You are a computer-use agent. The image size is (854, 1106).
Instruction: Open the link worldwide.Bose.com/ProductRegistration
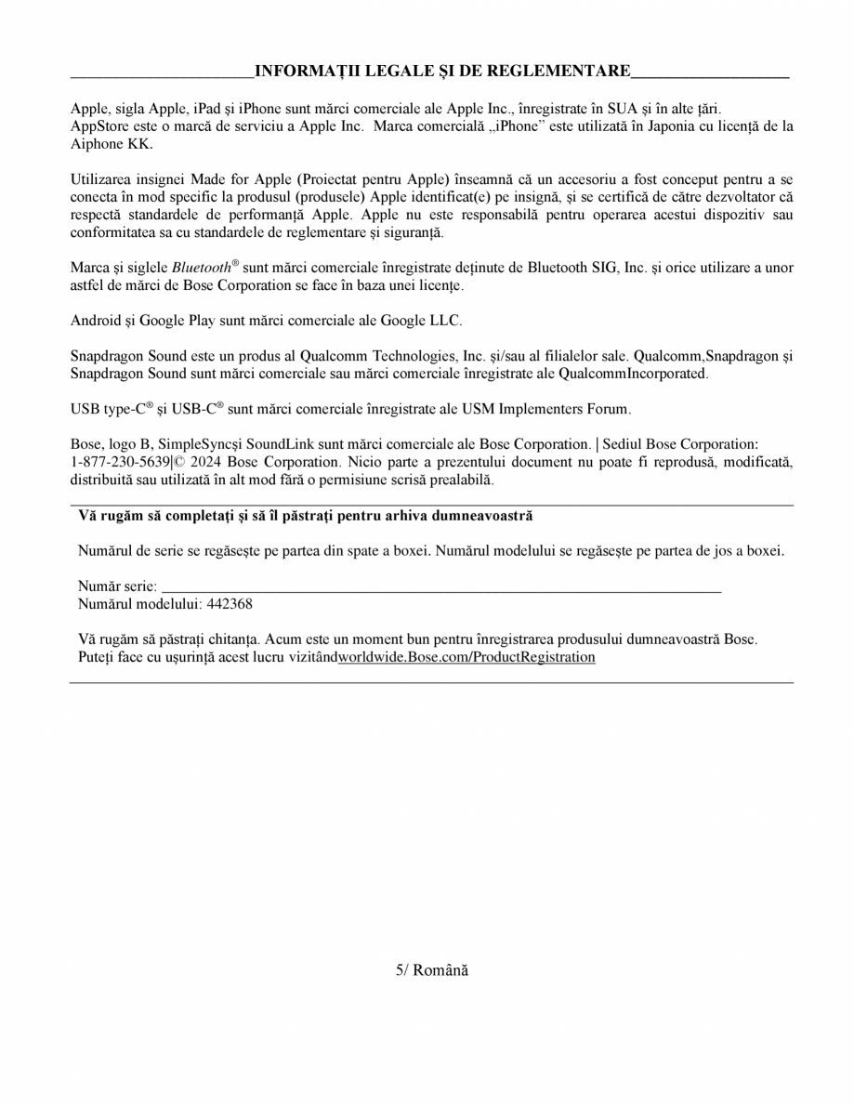pos(466,656)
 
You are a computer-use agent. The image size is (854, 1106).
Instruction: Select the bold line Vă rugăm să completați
pos(306,515)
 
